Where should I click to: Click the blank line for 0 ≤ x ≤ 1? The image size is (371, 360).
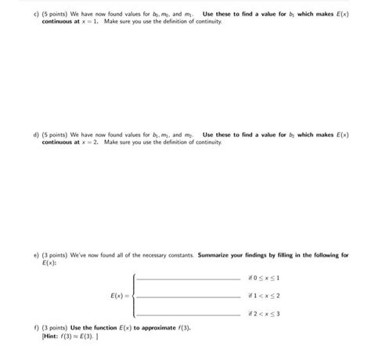pos(188,279)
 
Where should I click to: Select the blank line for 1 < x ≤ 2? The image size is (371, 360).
pos(188,297)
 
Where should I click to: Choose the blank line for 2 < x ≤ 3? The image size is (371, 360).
pos(188,314)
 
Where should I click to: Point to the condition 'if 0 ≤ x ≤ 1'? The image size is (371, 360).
pos(263,278)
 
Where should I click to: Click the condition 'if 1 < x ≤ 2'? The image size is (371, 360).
pos(263,296)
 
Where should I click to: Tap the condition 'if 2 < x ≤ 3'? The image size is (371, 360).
pos(263,313)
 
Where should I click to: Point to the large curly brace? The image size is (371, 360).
pos(134,296)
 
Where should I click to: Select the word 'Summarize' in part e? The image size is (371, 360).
pos(214,255)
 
